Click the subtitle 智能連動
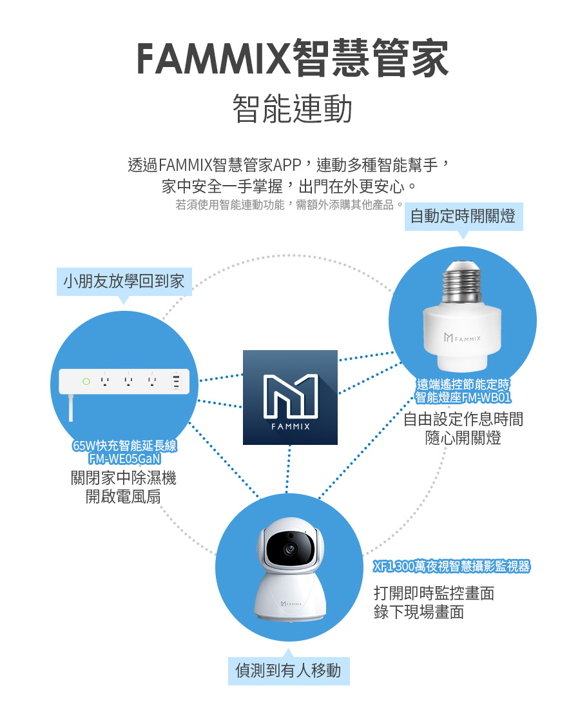[292, 108]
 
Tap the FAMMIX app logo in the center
[290, 397]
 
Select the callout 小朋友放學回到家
[124, 281]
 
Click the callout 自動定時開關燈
[463, 215]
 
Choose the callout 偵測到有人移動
[288, 670]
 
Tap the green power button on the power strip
[86, 382]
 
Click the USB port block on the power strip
[176, 382]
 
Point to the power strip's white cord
[70, 408]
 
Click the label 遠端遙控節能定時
[463, 386]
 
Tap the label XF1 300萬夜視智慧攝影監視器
[452, 567]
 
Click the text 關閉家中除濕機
[123, 478]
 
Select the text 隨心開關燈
[463, 438]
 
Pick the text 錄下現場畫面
[418, 611]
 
